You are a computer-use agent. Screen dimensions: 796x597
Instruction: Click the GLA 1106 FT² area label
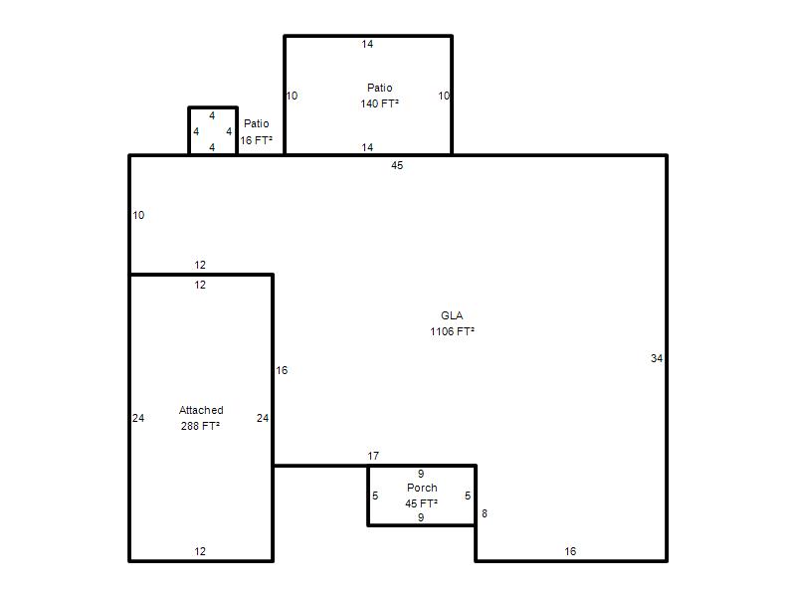[x=452, y=323]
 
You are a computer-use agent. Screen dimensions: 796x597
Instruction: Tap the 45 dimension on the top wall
[x=397, y=165]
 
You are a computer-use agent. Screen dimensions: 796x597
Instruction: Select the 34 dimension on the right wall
[x=657, y=358]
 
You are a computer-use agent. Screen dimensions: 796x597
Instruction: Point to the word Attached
[x=201, y=410]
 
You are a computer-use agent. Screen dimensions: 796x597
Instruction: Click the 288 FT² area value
[x=201, y=426]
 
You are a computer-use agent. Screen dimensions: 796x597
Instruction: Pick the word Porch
[x=422, y=488]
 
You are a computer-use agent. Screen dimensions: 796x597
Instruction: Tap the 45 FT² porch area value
[x=422, y=503]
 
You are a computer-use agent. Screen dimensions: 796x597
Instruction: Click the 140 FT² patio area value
[x=380, y=103]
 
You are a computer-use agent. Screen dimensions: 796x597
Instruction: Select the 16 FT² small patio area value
[x=257, y=140]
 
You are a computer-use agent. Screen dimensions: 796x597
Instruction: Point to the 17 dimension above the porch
[x=373, y=456]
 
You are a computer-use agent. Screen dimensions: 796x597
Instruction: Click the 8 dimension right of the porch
[x=485, y=513]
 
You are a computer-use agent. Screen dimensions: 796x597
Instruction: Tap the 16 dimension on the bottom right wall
[x=570, y=551]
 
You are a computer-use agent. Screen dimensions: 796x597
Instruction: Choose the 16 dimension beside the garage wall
[x=282, y=370]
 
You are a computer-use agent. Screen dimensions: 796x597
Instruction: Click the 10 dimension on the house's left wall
[x=138, y=215]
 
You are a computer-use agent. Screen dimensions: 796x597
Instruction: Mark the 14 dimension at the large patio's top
[x=367, y=44]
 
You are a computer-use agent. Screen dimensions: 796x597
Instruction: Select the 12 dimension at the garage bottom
[x=200, y=551]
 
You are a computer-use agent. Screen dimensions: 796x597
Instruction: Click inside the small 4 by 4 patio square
[x=213, y=131]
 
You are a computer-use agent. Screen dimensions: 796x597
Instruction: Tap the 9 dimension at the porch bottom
[x=421, y=517]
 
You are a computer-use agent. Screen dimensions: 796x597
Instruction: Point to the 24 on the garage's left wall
[x=138, y=418]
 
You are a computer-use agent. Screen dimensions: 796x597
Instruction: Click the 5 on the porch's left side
[x=375, y=496]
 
